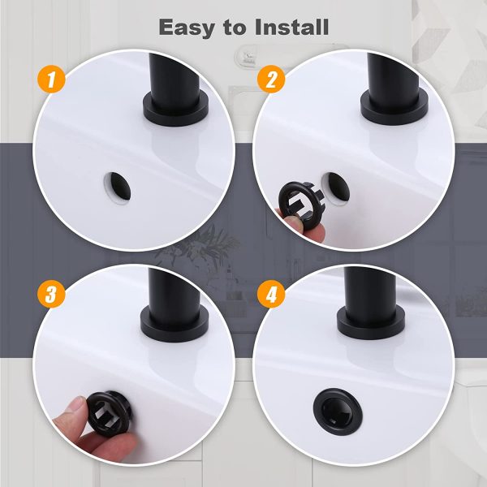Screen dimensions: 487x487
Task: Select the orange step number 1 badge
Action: (50, 80)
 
